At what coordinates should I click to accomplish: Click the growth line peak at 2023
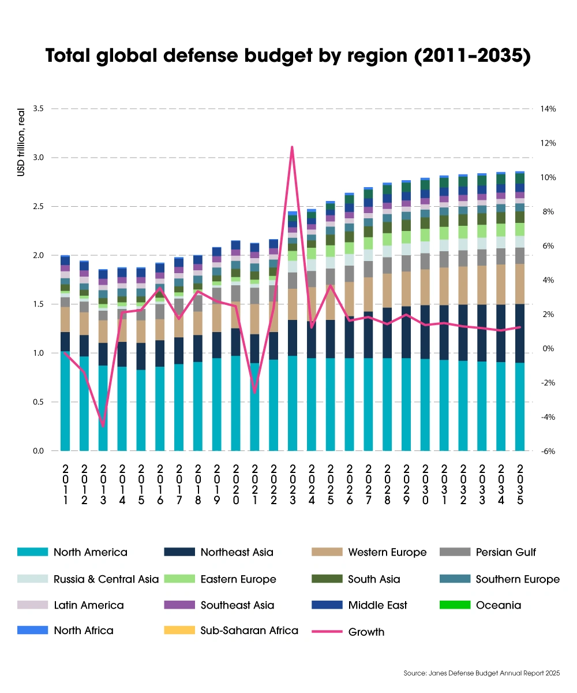pos(292,147)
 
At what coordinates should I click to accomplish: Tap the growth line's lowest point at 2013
pos(103,426)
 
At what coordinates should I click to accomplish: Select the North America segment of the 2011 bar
pos(65,401)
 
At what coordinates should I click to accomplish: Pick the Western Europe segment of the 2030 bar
pos(425,287)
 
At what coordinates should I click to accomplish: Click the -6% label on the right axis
pos(548,451)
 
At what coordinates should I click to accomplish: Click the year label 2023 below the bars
pos(293,485)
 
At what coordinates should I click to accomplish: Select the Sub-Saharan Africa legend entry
pos(249,630)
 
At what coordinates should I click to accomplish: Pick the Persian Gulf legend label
pos(505,552)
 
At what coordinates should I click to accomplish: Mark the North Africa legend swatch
pos(32,630)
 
